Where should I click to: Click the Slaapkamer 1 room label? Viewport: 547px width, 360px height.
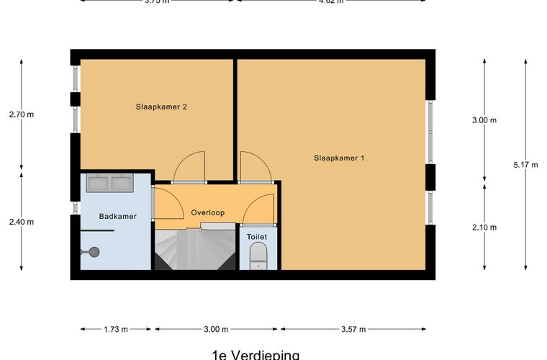(339, 157)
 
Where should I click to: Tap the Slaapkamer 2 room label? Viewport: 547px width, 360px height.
(162, 107)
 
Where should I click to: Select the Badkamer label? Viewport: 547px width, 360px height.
(117, 216)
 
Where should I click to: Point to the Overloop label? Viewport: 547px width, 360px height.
(208, 212)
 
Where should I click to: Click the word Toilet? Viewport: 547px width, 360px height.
(256, 236)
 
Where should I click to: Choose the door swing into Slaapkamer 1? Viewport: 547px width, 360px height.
(255, 166)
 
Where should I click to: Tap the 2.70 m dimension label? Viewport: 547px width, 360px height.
(21, 114)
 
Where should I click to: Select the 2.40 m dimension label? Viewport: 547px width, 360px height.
(21, 222)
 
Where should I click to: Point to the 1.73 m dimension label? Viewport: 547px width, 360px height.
(115, 329)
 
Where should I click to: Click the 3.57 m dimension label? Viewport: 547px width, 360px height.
(353, 329)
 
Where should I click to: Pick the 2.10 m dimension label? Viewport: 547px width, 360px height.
(484, 228)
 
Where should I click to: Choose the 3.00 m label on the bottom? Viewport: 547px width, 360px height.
(215, 329)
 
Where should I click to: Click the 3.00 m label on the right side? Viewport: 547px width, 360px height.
(484, 120)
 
